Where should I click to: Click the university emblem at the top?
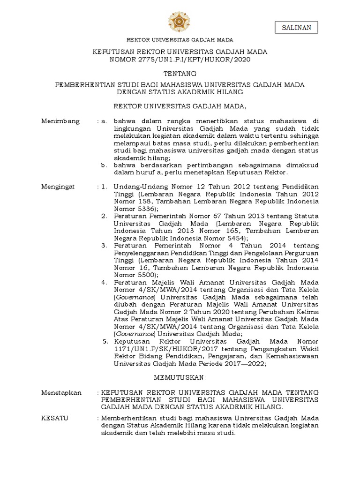tap(180, 21)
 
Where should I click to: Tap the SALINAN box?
tap(296, 28)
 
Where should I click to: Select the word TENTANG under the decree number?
tap(180, 74)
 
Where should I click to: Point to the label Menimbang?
tap(61, 122)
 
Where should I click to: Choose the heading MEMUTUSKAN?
tap(180, 377)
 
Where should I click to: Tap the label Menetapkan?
tap(61, 392)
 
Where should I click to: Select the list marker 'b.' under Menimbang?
tap(105, 165)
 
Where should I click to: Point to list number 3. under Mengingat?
tap(104, 245)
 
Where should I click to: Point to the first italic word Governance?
tap(135, 297)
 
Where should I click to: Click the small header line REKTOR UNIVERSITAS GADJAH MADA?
tap(180, 40)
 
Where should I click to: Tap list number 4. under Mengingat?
tap(104, 282)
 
